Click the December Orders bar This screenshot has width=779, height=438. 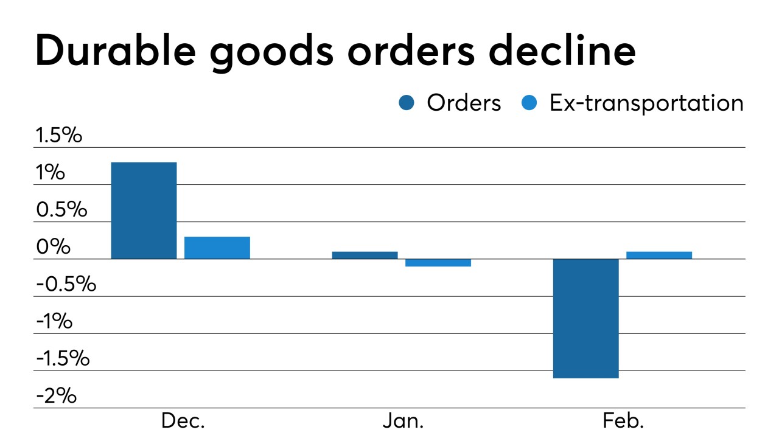pos(144,210)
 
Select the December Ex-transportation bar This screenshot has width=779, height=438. pos(217,248)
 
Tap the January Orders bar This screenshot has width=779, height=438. pos(365,255)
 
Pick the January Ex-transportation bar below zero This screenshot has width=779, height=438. pos(438,263)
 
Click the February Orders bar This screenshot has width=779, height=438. pos(585,318)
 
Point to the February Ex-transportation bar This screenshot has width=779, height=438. pos(659,255)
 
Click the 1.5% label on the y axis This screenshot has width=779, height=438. pos(58,135)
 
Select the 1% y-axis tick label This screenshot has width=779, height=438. pos(50,173)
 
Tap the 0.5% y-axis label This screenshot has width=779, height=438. pos(61,210)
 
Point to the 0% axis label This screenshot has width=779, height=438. pos(53,247)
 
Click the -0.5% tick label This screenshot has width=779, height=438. pos(66,284)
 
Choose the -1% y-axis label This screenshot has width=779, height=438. pos(54,321)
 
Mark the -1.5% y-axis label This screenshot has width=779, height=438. pos(63,359)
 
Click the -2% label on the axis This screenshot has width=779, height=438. pos(56,396)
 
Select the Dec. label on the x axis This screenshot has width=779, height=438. pos(183,421)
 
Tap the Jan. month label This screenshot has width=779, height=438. pos(403,421)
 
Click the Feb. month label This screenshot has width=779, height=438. pos(623,421)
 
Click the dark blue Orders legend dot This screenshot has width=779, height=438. pos(407,103)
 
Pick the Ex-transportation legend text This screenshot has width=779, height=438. pos(646,103)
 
